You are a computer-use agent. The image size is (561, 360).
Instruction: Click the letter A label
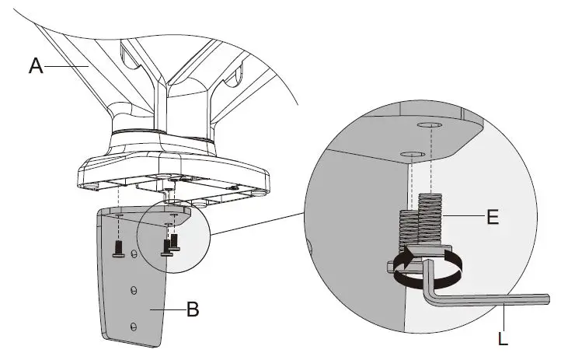[x=35, y=67]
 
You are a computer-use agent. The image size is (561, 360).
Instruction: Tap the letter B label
[x=193, y=309]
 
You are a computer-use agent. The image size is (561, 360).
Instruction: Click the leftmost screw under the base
[x=118, y=247]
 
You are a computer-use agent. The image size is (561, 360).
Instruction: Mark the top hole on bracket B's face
[x=134, y=254]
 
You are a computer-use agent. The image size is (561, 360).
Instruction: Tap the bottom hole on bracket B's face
[x=133, y=324]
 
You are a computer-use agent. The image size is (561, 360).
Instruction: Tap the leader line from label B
[x=172, y=309]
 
